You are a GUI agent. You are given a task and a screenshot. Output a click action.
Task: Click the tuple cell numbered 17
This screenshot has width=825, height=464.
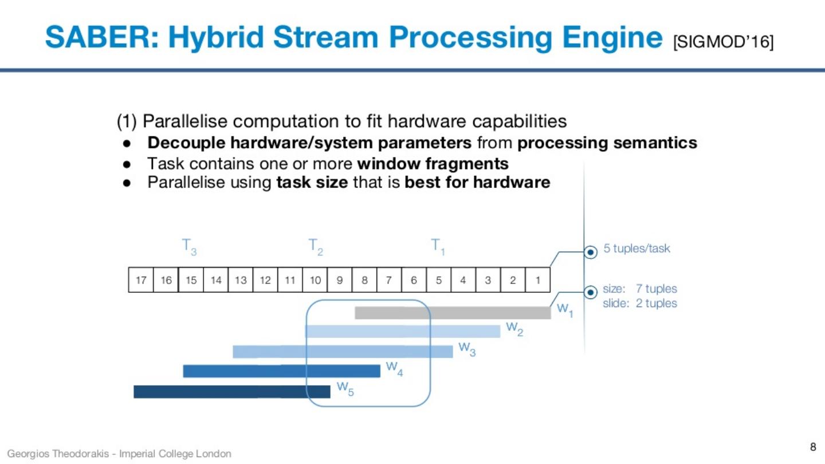[141, 280]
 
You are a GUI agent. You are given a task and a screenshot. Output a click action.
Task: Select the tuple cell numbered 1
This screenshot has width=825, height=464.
[538, 280]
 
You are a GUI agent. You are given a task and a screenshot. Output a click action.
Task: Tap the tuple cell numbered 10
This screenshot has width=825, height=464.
[315, 280]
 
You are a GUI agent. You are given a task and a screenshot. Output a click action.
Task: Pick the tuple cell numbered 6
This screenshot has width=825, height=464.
[414, 280]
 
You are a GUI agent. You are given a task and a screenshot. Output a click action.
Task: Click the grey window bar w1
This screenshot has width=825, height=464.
[453, 313]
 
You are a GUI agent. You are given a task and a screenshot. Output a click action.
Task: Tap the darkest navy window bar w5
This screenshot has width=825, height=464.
[231, 391]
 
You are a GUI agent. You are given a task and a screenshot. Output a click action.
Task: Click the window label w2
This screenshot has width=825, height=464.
[514, 329]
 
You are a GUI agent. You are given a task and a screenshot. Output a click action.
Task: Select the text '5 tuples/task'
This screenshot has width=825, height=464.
[637, 249]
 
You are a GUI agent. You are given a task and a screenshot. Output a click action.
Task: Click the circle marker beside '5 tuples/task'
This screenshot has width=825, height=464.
[590, 251]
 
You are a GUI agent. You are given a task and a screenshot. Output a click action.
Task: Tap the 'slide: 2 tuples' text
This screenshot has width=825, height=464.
[640, 303]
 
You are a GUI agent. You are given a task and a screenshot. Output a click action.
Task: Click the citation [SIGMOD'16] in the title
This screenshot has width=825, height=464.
[724, 42]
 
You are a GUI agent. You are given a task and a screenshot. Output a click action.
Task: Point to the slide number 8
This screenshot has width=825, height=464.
[812, 447]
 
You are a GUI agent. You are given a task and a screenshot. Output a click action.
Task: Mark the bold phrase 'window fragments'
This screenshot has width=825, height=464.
[433, 164]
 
